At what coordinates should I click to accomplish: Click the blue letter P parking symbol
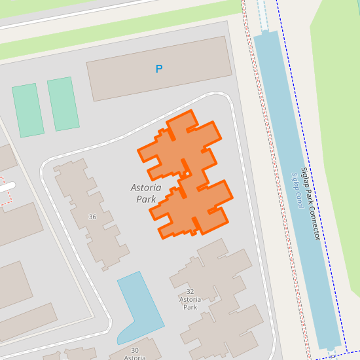pos(158,69)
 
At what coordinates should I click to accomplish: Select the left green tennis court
pos(27,111)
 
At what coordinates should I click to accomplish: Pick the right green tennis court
pos(63,103)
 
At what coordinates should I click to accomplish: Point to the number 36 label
pos(92,217)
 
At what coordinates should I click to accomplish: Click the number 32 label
pos(190,291)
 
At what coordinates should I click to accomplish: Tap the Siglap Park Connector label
pos(310,204)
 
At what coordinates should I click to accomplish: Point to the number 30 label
pos(135,350)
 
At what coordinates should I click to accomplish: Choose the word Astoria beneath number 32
pos(190,299)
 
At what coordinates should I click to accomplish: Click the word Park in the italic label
pos(146,199)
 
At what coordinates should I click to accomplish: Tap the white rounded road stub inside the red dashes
pos(7,188)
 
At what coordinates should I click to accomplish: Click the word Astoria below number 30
pos(135,357)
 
